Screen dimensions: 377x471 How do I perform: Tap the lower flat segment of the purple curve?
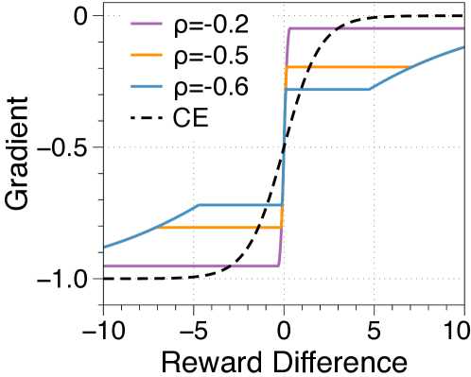[x=189, y=266]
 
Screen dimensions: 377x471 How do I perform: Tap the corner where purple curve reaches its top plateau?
[x=289, y=28]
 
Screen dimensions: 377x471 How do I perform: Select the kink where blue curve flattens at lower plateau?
[x=198, y=204]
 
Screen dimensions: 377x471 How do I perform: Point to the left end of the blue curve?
[x=105, y=248]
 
